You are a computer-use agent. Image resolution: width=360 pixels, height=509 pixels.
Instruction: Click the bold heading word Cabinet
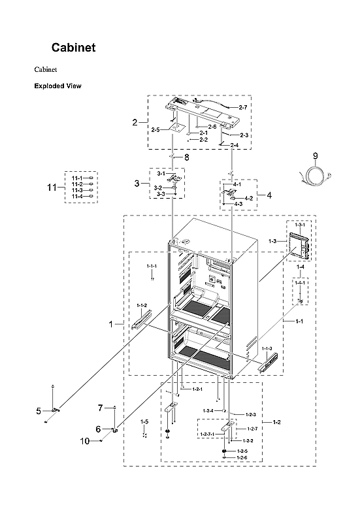coord(74,48)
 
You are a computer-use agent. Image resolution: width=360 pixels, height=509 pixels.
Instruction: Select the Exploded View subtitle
coord(57,86)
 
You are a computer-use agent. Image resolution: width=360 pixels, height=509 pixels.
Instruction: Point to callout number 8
coord(186,157)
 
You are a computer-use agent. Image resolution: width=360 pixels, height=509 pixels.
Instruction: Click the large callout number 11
coord(52,188)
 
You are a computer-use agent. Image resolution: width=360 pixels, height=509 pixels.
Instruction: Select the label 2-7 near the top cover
coord(242,107)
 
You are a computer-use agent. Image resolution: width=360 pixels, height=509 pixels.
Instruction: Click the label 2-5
coord(155,130)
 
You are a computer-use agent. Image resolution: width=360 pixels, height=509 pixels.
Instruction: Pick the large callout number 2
coord(135,122)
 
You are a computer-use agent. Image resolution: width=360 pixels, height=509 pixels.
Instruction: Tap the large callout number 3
coord(137,184)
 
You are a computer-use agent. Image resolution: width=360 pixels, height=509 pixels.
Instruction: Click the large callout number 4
coord(268,195)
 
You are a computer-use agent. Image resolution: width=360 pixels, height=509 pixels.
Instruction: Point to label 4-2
coord(248,198)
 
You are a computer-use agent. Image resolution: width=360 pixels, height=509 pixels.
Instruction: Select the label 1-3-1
coord(300,225)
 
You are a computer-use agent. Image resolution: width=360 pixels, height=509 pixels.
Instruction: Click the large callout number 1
coord(110,323)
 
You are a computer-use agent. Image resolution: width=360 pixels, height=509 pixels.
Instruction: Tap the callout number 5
coord(39,411)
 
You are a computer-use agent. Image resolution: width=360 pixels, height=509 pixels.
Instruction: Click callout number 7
coord(101,408)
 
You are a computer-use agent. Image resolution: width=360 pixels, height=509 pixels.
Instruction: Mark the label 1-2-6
coord(242,457)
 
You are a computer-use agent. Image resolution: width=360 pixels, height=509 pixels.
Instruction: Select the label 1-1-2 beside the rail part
coord(142,306)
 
